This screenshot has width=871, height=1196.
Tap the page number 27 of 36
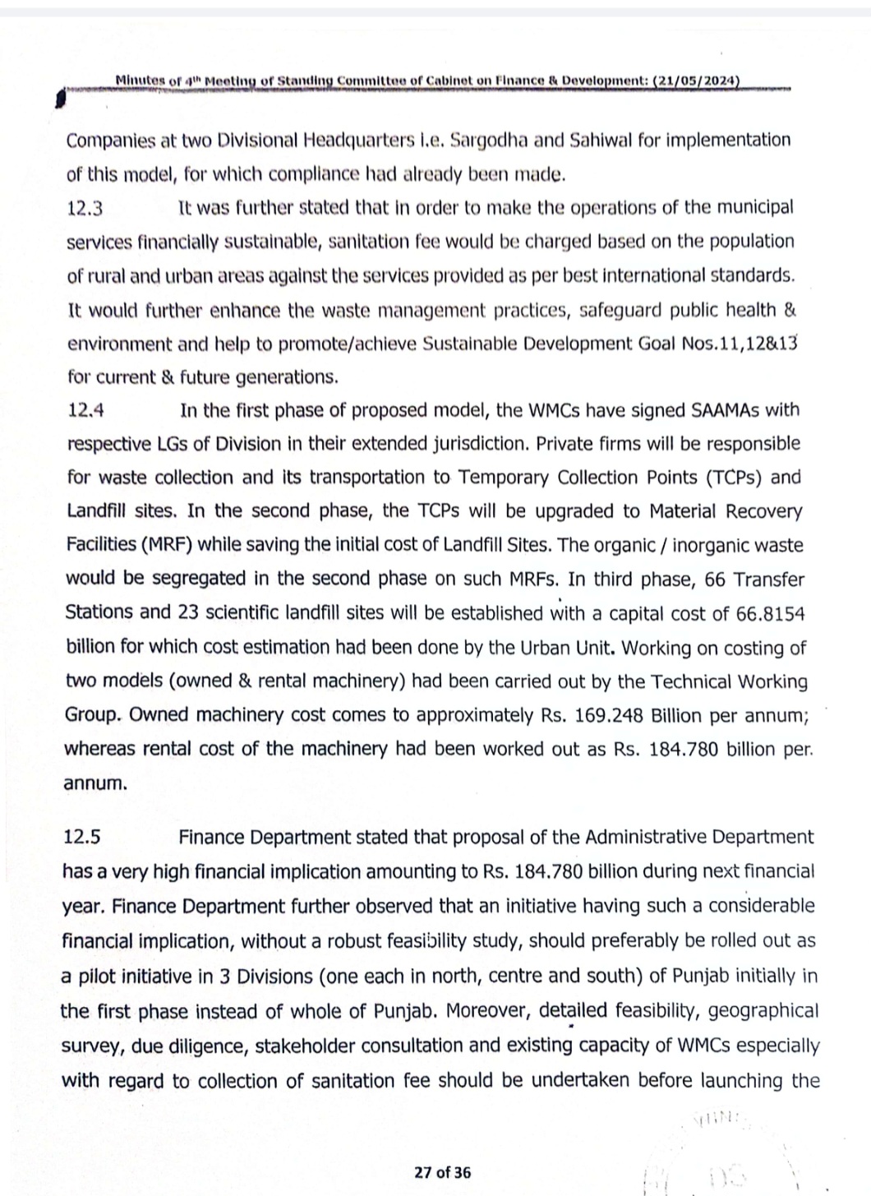click(x=443, y=1172)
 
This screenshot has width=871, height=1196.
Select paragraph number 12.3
click(x=85, y=209)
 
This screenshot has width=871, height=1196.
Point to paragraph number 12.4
click(x=85, y=410)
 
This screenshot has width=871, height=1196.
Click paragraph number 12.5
click(x=82, y=838)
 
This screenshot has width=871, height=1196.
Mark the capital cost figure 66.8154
click(x=770, y=613)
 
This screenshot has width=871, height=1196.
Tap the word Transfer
click(x=769, y=580)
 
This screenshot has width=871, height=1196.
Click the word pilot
click(x=100, y=977)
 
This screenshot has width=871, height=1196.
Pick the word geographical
click(x=763, y=1011)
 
